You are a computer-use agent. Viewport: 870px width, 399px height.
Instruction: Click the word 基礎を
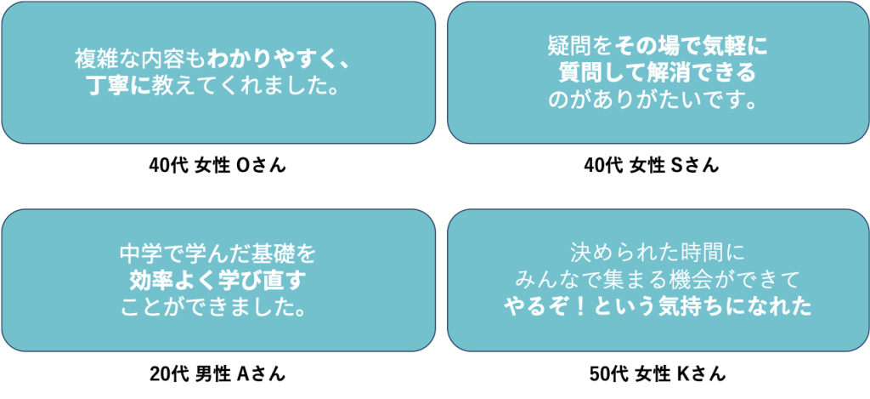(x=289, y=254)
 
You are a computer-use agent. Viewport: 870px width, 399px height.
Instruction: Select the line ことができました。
(x=218, y=306)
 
